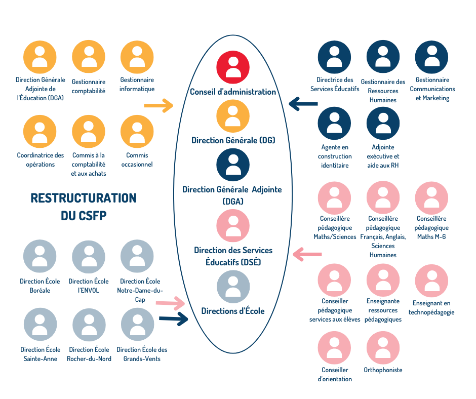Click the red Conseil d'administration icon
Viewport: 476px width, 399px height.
pos(233,67)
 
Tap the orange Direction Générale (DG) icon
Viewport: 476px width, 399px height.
pos(233,116)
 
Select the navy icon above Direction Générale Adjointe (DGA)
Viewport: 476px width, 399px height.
pos(233,165)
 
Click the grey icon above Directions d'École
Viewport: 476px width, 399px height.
pos(233,287)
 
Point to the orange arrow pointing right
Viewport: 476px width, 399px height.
pos(158,106)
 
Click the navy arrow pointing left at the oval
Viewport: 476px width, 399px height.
pos(303,104)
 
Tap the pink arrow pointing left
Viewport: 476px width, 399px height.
pos(307,254)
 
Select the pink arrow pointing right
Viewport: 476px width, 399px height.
pos(170,303)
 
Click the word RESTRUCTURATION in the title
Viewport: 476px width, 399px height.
pos(84,198)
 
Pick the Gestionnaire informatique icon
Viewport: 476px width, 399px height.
pos(137,57)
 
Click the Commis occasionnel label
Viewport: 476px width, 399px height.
pos(137,159)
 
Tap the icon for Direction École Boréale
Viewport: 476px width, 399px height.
pos(40,256)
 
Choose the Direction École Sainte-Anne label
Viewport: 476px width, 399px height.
pos(41,354)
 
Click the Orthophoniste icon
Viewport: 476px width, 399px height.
pos(383,348)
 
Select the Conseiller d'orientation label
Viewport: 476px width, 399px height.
pos(335,374)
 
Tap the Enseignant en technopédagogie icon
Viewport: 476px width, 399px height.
pos(431,281)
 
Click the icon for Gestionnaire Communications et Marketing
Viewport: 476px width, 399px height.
pos(431,57)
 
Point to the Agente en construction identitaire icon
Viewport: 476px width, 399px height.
pos(334,123)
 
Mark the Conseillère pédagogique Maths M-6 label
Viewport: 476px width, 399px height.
pos(431,227)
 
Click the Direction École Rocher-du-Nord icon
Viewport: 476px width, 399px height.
pos(89,325)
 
